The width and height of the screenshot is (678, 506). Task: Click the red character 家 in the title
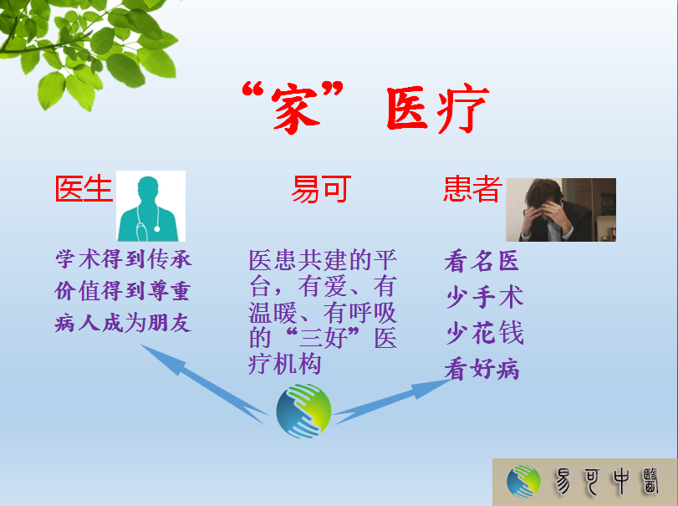(x=296, y=108)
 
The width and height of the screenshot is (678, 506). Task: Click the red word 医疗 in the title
(x=437, y=108)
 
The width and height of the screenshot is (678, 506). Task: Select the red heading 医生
(x=84, y=188)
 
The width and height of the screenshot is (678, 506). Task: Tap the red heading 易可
(x=321, y=188)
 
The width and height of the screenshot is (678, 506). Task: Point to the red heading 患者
(x=473, y=188)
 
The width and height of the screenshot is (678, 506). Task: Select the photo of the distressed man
(x=561, y=210)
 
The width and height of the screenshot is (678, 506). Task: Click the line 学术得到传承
(x=123, y=259)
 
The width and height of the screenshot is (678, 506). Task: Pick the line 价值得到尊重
(x=123, y=290)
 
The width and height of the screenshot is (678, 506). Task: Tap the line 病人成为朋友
(x=123, y=323)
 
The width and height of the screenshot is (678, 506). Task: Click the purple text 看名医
(x=482, y=261)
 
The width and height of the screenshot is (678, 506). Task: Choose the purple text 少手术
(x=485, y=297)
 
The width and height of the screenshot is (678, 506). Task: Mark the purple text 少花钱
(x=485, y=333)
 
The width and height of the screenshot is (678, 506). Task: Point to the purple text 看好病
(x=482, y=369)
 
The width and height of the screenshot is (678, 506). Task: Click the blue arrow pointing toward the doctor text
(x=203, y=383)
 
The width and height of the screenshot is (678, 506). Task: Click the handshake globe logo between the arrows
(x=303, y=411)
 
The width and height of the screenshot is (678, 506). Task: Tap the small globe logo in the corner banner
(x=523, y=482)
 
